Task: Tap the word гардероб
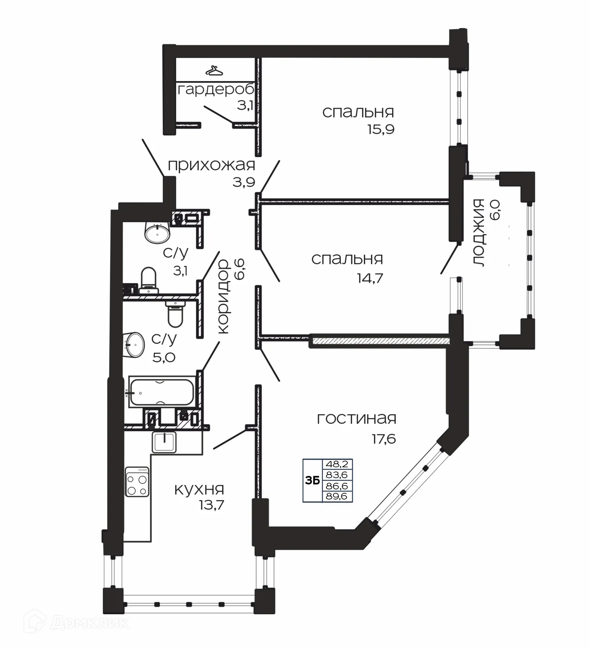click(x=216, y=90)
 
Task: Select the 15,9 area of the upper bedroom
click(x=381, y=129)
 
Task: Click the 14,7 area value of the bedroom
click(x=370, y=278)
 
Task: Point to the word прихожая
click(x=211, y=165)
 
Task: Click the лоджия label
click(x=479, y=233)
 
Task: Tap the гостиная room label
click(x=356, y=419)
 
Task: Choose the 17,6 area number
click(x=384, y=439)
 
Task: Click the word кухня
click(x=199, y=490)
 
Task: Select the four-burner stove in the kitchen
click(x=137, y=481)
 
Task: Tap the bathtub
click(x=161, y=392)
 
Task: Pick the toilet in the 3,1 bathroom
click(x=148, y=278)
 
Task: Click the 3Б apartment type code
click(x=312, y=480)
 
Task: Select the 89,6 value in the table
click(x=337, y=496)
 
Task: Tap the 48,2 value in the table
click(x=337, y=464)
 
